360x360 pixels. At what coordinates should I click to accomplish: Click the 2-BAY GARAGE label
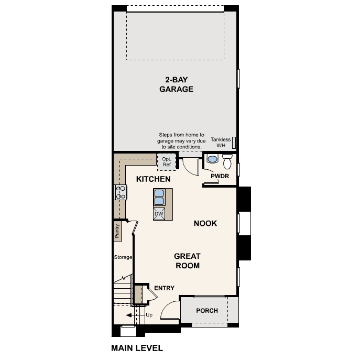pos(176,84)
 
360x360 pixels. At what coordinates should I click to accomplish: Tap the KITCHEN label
pos(153,179)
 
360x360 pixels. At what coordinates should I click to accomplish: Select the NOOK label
pos(205,223)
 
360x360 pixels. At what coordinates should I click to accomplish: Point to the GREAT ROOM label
pos(187,261)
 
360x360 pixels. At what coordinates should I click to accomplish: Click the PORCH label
pos(207,311)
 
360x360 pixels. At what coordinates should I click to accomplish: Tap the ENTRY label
pos(164,288)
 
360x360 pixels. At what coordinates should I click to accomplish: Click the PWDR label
pos(220,176)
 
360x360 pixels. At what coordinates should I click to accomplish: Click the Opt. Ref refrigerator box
pos(167,162)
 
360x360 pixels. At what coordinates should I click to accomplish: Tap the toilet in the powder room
pos(227,159)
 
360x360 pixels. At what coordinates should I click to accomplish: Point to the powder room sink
pos(212,159)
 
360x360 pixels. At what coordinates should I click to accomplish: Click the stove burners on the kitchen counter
pos(121,192)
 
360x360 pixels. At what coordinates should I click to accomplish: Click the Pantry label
pos(117,231)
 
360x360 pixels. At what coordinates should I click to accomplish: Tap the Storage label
pos(123,257)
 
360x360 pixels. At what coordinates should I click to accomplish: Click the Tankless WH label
pos(220,142)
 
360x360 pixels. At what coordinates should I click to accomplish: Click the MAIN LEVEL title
pos(137,347)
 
